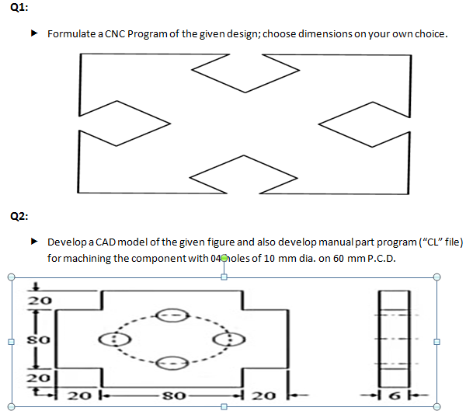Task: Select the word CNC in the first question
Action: click(115, 35)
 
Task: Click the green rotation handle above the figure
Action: click(224, 258)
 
